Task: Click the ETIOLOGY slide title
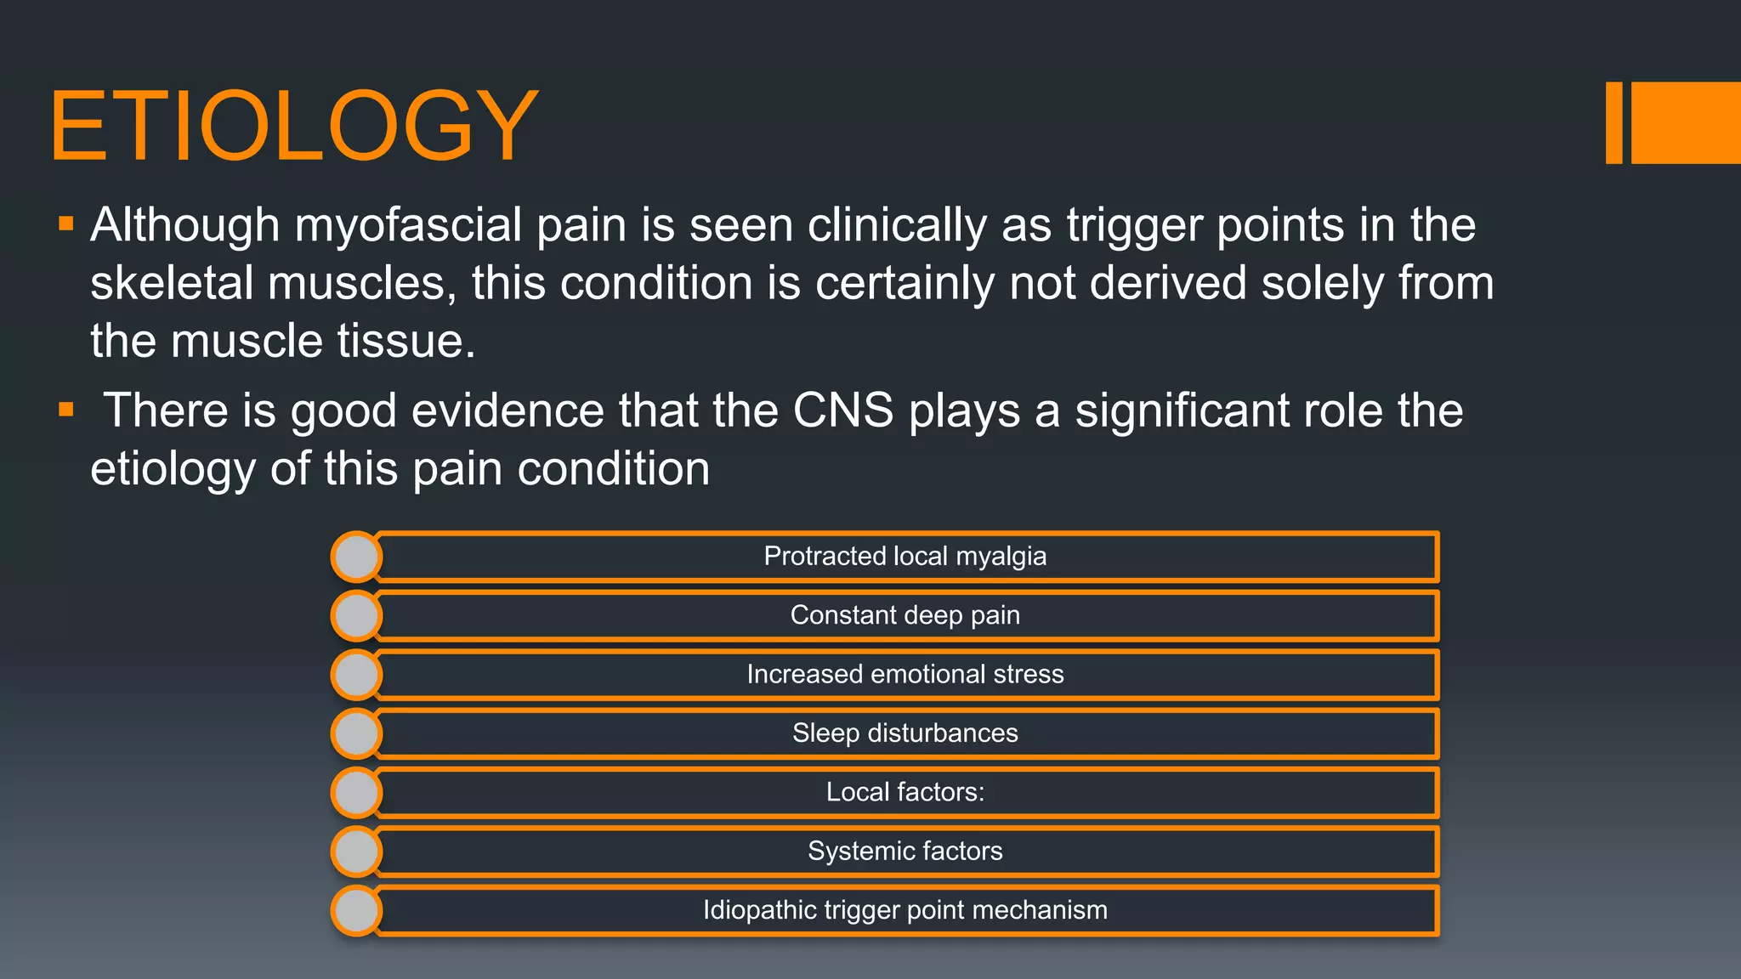click(293, 126)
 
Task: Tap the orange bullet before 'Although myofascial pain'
click(66, 224)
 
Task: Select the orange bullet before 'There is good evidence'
click(66, 410)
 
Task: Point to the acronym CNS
click(842, 410)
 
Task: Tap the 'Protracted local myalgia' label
click(905, 556)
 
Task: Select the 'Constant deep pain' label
click(905, 614)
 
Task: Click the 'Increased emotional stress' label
click(905, 674)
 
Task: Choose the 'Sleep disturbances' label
click(905, 733)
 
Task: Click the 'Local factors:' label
click(905, 792)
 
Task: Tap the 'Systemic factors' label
click(905, 851)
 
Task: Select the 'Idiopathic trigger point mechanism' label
click(905, 910)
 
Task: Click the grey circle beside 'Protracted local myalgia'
click(356, 557)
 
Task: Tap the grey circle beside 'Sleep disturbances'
click(356, 733)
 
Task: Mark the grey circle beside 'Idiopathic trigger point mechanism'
click(356, 910)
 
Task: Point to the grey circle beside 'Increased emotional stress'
click(356, 675)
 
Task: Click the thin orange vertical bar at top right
click(1613, 122)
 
